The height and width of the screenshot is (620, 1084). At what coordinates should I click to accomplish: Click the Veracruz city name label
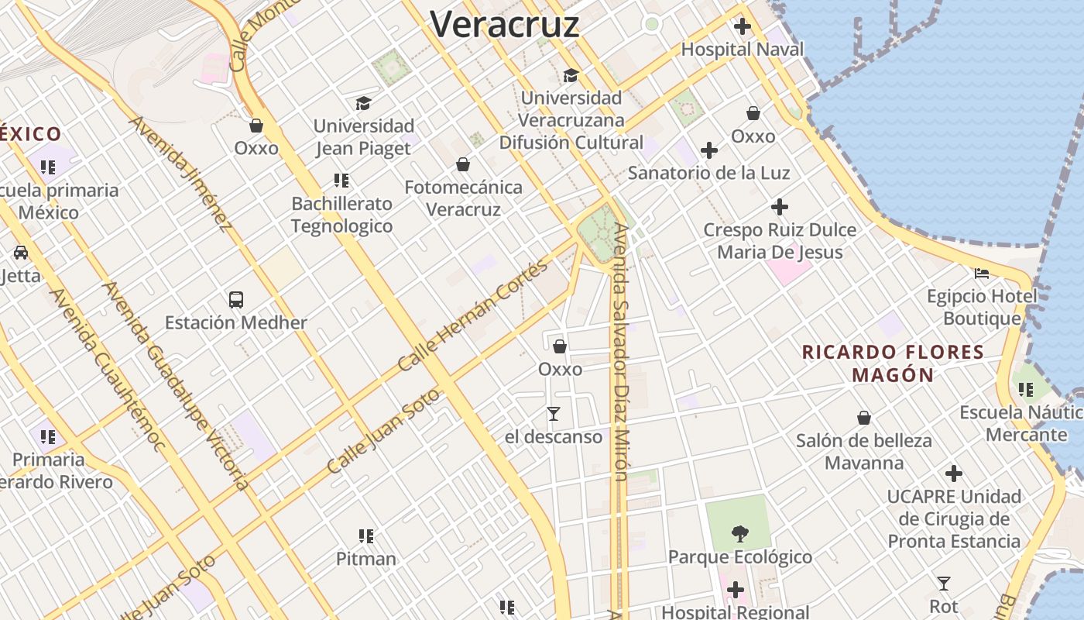505,24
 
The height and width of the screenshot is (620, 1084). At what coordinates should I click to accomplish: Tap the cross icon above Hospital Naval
743,27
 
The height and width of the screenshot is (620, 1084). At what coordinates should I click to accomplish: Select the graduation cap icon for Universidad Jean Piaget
363,103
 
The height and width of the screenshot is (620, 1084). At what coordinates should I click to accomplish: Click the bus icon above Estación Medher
236,300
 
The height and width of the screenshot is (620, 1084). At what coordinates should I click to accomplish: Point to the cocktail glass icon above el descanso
553,414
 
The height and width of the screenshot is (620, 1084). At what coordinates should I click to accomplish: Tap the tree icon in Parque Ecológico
739,533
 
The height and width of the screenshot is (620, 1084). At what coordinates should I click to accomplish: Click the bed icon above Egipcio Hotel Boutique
982,274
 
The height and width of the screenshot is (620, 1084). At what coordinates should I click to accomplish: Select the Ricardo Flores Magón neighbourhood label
893,363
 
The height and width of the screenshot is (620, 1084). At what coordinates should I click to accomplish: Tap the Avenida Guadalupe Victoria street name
177,386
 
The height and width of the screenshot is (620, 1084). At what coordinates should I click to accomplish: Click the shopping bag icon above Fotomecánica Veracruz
463,164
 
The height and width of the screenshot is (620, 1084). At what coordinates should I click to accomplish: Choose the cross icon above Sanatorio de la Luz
708,150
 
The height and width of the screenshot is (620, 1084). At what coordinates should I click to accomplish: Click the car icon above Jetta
21,253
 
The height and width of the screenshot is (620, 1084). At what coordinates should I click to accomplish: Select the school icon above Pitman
366,536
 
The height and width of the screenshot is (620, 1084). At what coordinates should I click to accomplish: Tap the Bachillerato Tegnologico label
341,215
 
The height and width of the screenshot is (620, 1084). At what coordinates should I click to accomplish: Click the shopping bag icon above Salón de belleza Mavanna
864,418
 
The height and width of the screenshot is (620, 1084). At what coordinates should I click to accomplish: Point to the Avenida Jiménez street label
180,174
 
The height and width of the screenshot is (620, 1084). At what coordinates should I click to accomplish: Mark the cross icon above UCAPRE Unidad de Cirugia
954,474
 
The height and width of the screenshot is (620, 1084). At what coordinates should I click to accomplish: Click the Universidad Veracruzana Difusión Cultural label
571,120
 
